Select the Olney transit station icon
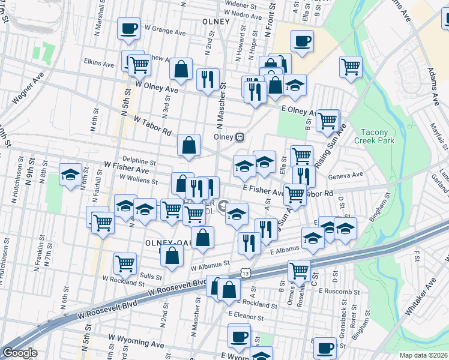tap(240, 136)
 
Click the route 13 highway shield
tap(246, 272)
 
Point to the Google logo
tap(19, 353)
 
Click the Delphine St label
tap(139, 162)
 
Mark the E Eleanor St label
tap(245, 313)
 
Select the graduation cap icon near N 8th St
tap(70, 175)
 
